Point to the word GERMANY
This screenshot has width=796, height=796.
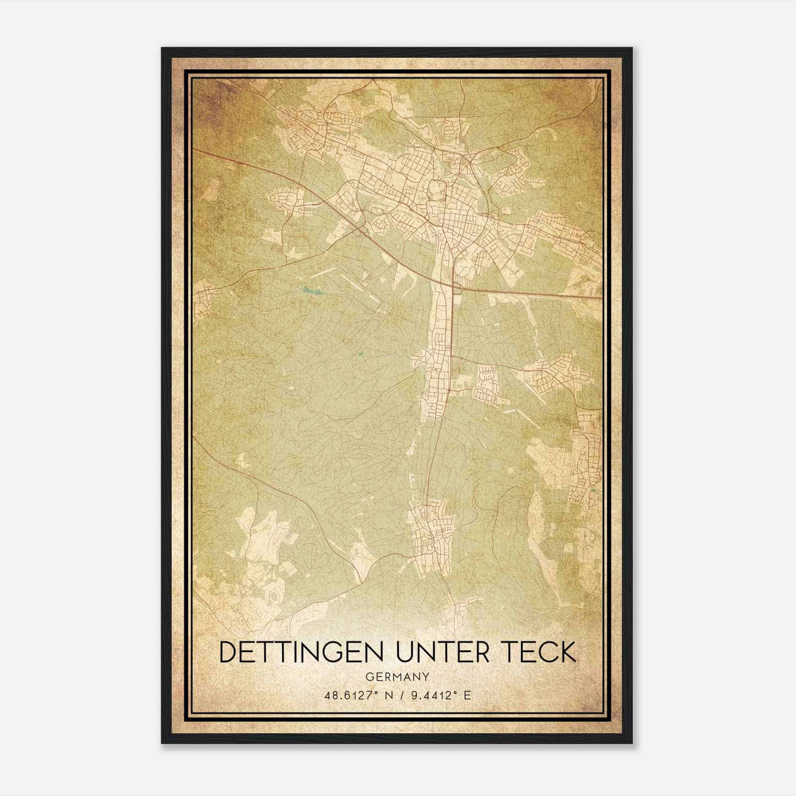tap(398, 677)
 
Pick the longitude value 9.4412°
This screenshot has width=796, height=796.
tap(432, 696)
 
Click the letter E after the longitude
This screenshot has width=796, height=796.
tap(467, 696)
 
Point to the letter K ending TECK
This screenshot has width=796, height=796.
tap(567, 652)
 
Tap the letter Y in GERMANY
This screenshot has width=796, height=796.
tap(426, 677)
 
